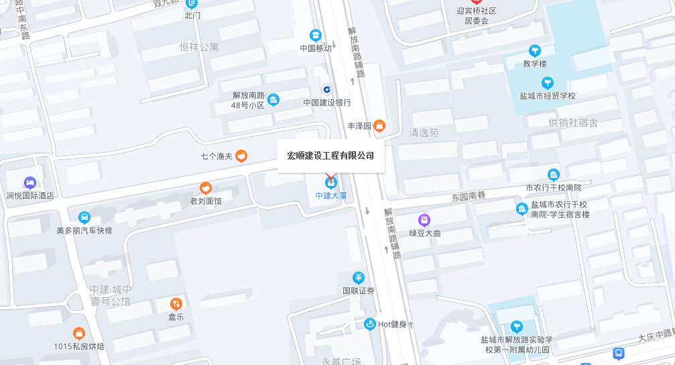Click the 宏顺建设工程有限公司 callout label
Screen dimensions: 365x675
(x=330, y=156)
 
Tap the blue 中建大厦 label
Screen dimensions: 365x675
(x=331, y=196)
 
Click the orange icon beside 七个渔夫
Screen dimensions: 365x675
(x=241, y=156)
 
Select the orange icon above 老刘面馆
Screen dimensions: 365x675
(x=206, y=188)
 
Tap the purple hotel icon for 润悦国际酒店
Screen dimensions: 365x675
(x=29, y=182)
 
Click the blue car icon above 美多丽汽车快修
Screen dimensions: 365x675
(x=84, y=218)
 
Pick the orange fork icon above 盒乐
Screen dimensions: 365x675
(x=176, y=304)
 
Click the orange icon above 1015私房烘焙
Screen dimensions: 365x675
(x=79, y=333)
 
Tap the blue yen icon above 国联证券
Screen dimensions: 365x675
(x=359, y=277)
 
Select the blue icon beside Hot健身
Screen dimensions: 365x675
(x=369, y=324)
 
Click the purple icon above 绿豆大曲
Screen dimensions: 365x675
(x=424, y=220)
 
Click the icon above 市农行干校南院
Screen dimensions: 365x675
(x=553, y=175)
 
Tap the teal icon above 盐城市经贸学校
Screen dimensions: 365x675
(x=548, y=82)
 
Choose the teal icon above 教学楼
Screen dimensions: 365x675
(x=535, y=50)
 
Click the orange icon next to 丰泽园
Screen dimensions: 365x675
(x=379, y=126)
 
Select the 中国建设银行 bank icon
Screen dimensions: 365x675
(x=327, y=89)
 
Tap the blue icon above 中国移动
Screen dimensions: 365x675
(x=316, y=35)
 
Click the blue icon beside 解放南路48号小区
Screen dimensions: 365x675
(x=273, y=100)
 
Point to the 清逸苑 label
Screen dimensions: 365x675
(x=424, y=133)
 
